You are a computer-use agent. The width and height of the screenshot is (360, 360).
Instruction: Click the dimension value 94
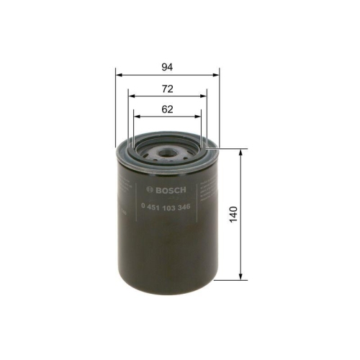pyautogui.click(x=167, y=67)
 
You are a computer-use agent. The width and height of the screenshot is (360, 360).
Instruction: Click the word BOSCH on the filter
pyautogui.click(x=171, y=189)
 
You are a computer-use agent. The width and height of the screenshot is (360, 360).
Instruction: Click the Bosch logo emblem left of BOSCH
pyautogui.click(x=149, y=189)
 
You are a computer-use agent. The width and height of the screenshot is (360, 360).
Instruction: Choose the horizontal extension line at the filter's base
pyautogui.click(x=230, y=280)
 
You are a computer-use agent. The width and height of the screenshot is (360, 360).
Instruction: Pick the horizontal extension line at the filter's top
pyautogui.click(x=230, y=149)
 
